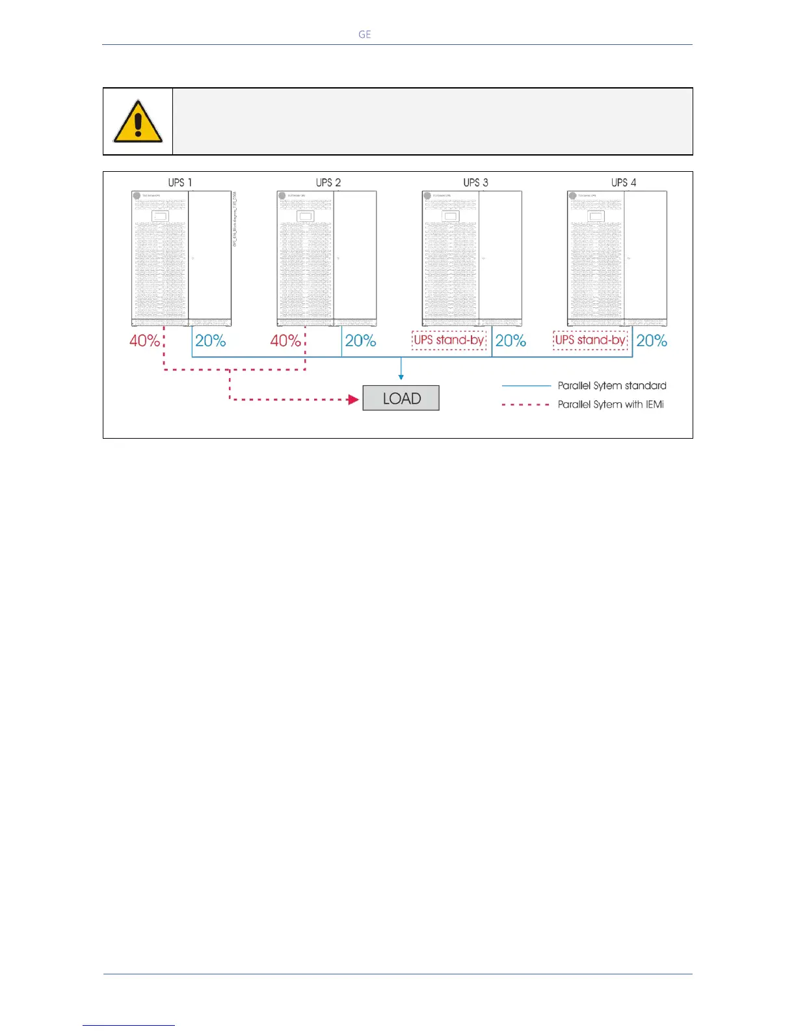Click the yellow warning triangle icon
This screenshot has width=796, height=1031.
138,122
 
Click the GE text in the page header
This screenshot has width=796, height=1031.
365,34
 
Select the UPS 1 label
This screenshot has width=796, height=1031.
180,182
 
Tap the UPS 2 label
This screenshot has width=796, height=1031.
328,182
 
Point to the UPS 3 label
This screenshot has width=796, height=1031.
476,182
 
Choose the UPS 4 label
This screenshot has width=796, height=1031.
624,182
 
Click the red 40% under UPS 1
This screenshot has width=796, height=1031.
144,340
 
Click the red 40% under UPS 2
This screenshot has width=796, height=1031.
285,340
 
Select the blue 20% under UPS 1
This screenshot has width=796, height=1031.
211,340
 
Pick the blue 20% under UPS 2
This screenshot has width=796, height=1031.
360,340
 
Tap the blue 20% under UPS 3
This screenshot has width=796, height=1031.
511,340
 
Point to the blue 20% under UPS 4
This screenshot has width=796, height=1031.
652,340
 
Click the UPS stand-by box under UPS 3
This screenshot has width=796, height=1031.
449,340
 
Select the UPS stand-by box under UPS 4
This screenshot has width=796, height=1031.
590,340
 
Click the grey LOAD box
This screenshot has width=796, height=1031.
401,398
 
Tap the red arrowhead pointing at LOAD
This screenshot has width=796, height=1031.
354,399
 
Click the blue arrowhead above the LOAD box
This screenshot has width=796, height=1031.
401,376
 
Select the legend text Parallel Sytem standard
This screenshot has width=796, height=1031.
612,385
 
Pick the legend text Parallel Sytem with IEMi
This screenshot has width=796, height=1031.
611,404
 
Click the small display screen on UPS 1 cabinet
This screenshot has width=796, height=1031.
159,217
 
